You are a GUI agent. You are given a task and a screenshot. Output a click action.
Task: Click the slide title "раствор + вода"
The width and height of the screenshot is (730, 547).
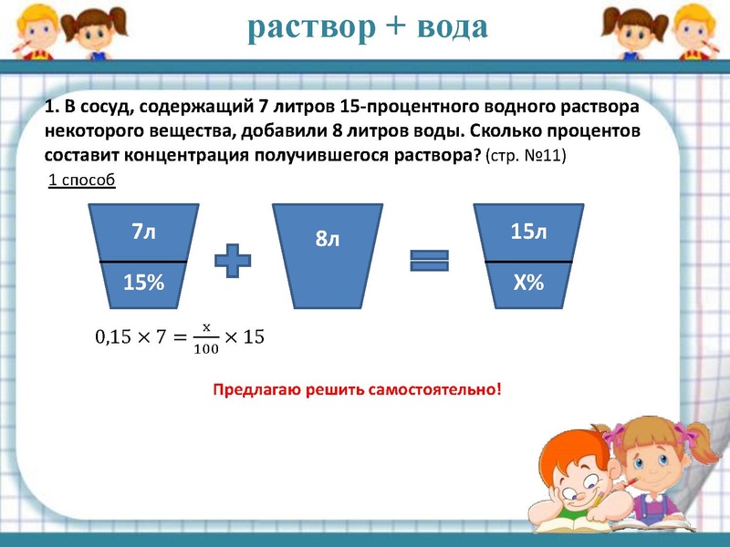pyautogui.click(x=368, y=27)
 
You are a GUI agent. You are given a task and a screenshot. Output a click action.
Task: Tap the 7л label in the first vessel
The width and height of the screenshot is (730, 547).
pyautogui.click(x=143, y=232)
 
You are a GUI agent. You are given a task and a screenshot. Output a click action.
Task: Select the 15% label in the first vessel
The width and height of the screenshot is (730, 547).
pyautogui.click(x=143, y=284)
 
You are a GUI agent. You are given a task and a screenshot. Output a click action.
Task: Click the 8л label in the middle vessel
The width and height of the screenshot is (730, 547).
pyautogui.click(x=328, y=240)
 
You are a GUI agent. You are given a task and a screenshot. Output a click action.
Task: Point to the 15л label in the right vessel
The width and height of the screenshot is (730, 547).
pyautogui.click(x=528, y=232)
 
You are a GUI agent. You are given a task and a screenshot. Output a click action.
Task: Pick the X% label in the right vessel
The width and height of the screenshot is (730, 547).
pyautogui.click(x=528, y=284)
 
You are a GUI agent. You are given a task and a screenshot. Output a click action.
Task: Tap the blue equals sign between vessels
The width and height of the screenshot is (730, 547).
pyautogui.click(x=429, y=261)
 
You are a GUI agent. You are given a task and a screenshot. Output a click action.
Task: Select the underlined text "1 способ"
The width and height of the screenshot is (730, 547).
pyautogui.click(x=81, y=180)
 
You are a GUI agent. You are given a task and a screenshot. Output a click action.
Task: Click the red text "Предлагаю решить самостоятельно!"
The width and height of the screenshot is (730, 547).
pyautogui.click(x=357, y=389)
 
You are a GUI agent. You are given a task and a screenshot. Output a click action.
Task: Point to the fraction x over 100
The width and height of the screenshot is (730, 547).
pyautogui.click(x=206, y=337)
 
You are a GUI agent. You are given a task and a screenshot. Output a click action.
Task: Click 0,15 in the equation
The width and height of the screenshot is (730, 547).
pyautogui.click(x=114, y=337)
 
